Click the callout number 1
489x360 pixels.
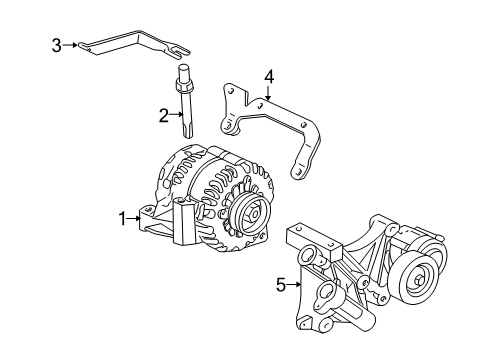point(123,218)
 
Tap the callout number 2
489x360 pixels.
point(164,116)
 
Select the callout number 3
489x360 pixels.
point(57,44)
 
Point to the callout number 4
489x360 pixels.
point(269,76)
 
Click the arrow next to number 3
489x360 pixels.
point(72,44)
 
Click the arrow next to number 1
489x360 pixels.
point(137,218)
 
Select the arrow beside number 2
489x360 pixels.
point(177,116)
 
